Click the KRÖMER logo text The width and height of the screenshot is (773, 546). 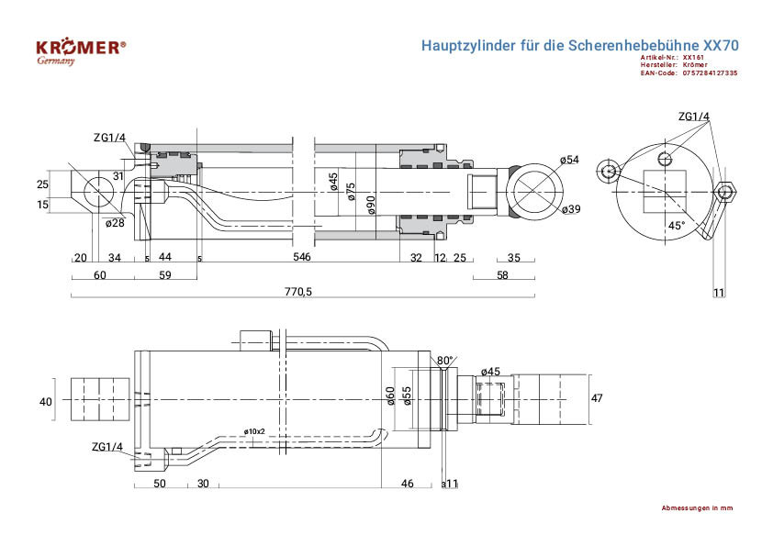80,48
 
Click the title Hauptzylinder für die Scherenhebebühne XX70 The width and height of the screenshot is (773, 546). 579,44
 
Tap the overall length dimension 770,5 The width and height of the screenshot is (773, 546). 299,291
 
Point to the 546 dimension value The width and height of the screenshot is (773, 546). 301,258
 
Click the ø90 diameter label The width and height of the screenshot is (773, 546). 371,204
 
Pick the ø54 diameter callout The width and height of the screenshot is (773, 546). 569,161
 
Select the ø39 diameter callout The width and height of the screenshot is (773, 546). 570,209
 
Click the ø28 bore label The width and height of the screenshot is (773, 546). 115,223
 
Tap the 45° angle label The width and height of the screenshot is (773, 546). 676,225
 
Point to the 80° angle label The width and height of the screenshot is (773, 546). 445,361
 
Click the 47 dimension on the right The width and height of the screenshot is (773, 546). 597,398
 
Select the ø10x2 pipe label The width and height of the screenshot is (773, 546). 254,431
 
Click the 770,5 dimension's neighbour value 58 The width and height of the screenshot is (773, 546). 502,275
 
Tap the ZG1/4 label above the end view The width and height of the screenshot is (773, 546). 694,117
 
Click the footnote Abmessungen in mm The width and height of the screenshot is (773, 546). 697,507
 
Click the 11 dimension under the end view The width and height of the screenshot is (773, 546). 719,292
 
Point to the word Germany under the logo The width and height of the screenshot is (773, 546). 56,61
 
